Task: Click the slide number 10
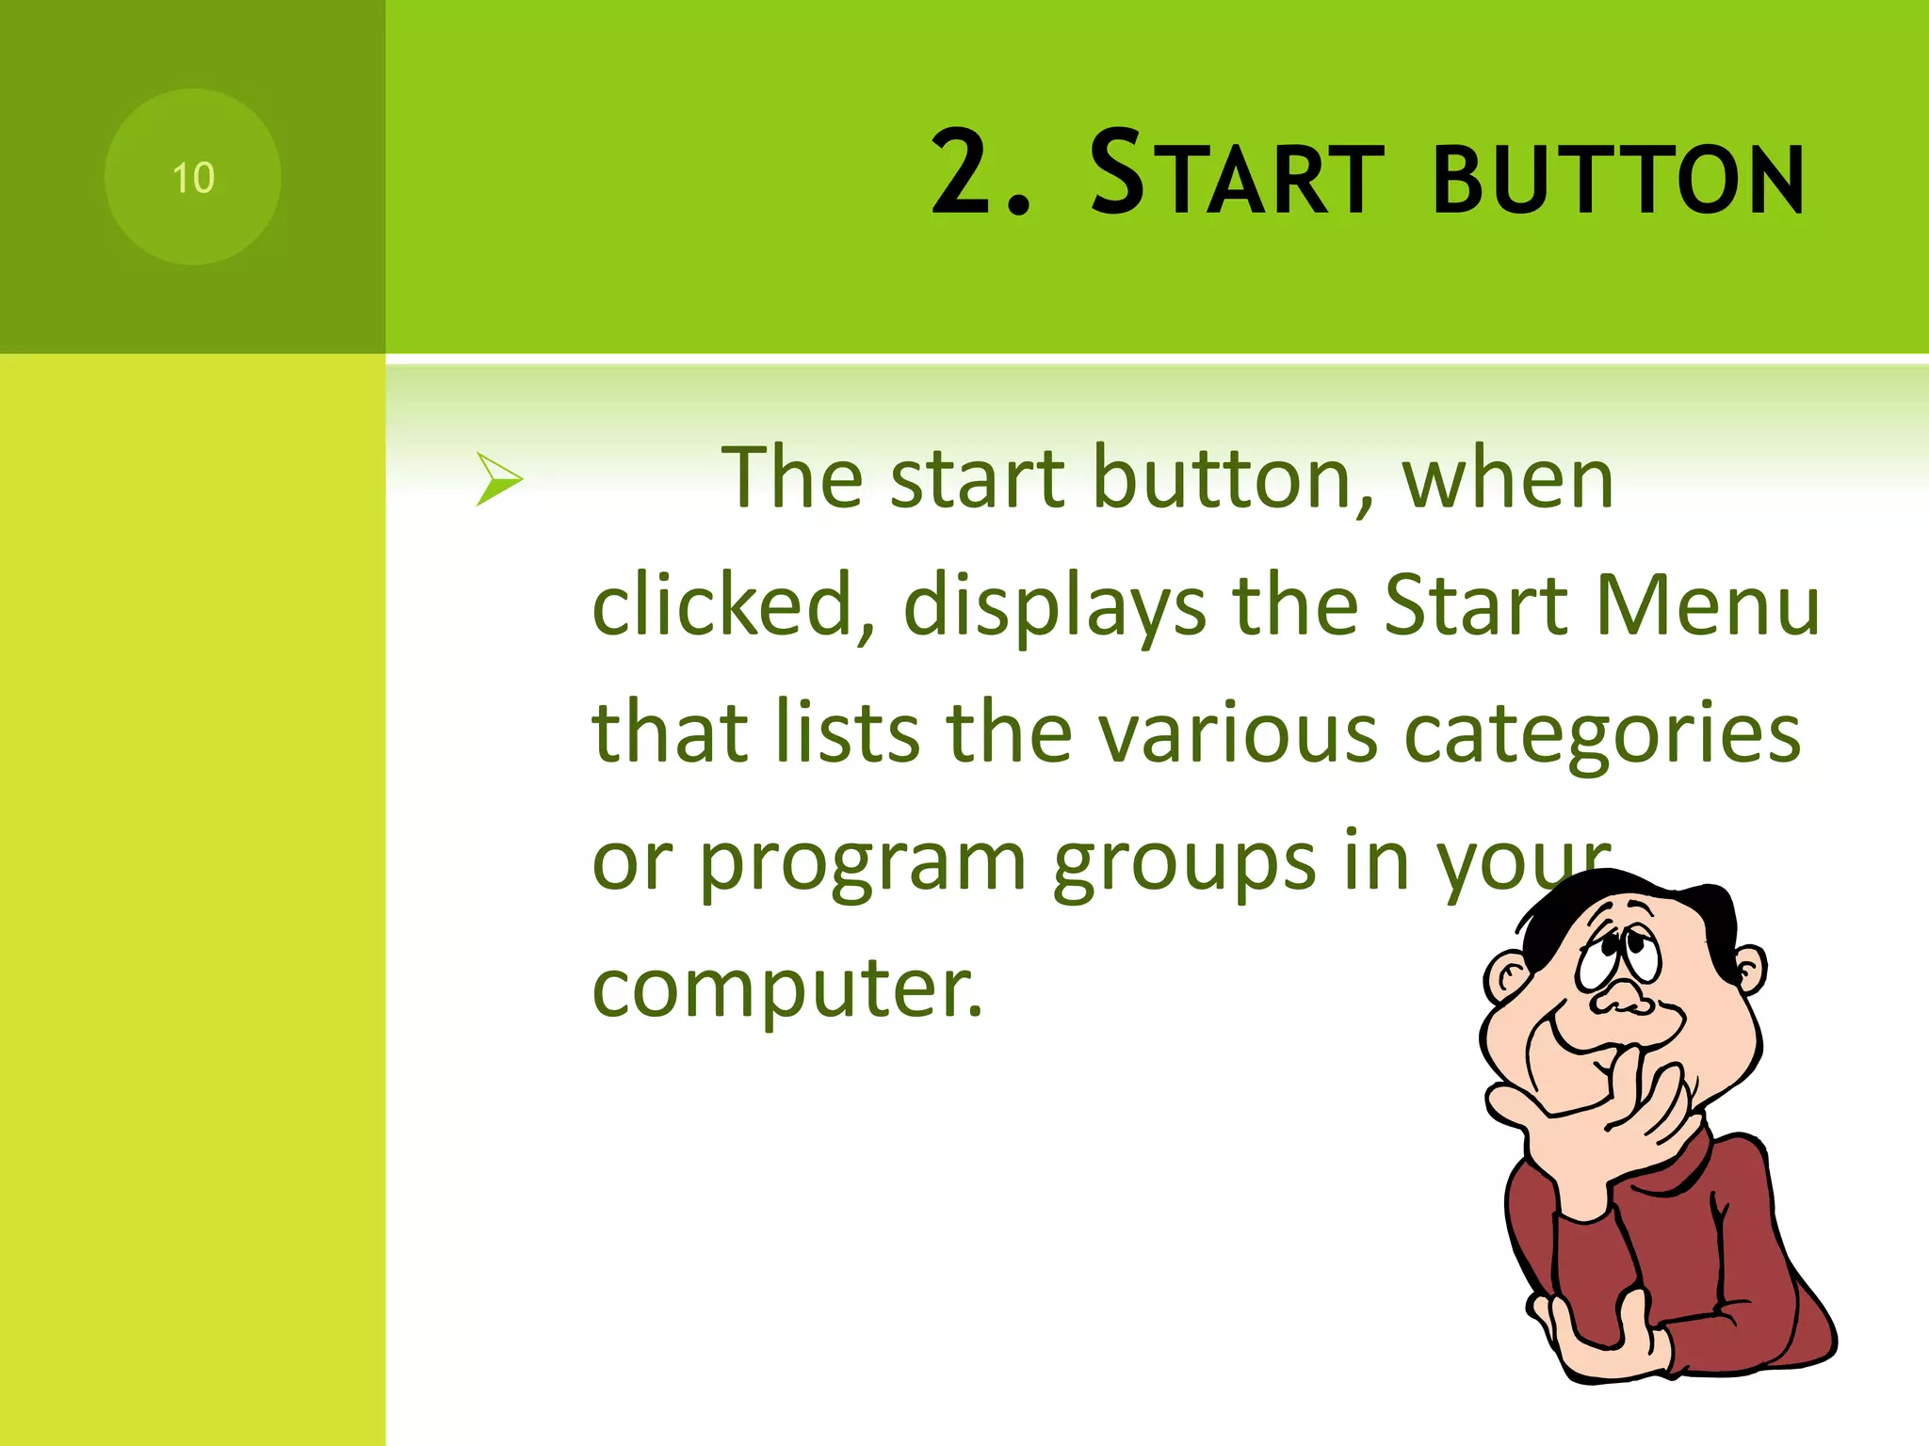tap(193, 178)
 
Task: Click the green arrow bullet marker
tap(498, 479)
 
